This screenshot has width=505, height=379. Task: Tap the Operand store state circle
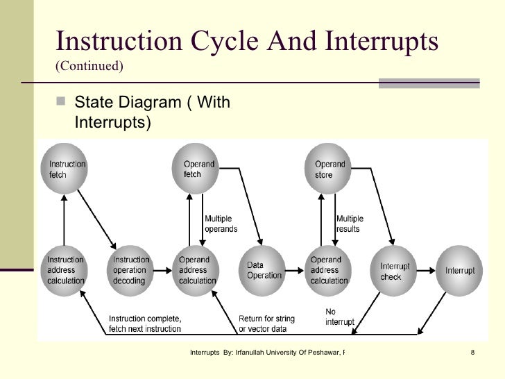[328, 169]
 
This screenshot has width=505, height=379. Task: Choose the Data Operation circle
[264, 270]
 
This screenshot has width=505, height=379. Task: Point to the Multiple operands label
[221, 224]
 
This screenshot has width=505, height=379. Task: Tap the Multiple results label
[349, 224]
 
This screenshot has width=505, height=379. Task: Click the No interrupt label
[339, 317]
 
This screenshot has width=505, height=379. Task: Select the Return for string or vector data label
[267, 323]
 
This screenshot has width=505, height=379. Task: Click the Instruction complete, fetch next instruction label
[145, 323]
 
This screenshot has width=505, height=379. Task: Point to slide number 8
[472, 353]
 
